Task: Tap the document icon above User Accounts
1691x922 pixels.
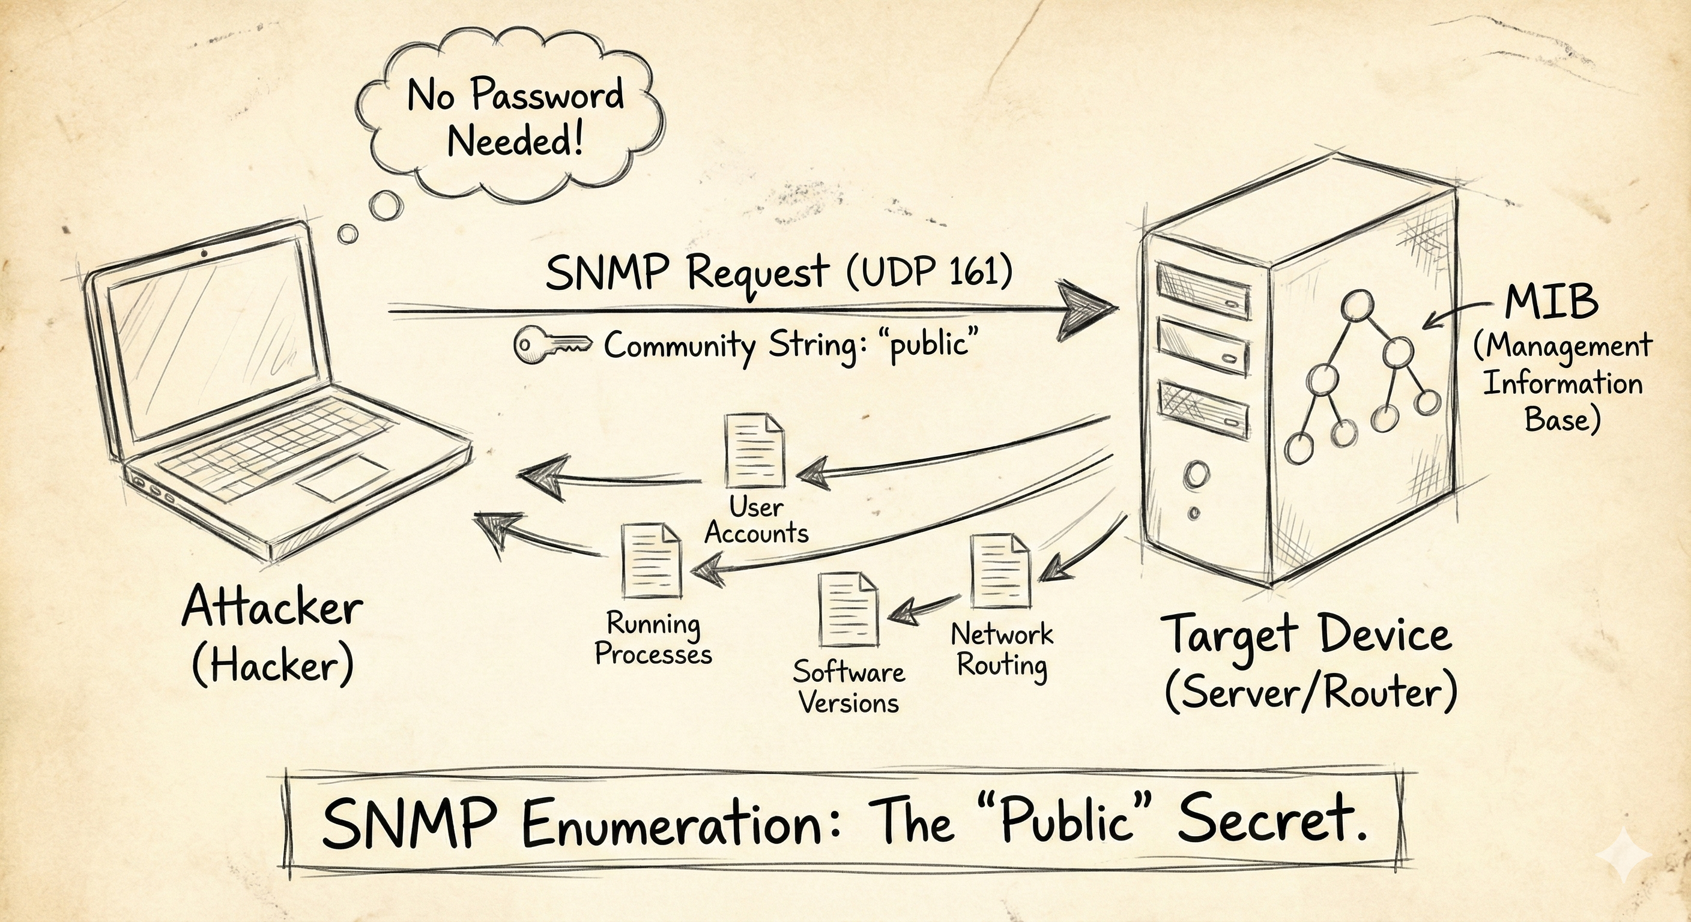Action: pyautogui.click(x=755, y=450)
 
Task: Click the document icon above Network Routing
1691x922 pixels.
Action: pyautogui.click(x=1000, y=571)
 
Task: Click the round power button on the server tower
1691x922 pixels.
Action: pyautogui.click(x=1196, y=474)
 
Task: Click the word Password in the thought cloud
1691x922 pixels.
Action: pyautogui.click(x=548, y=95)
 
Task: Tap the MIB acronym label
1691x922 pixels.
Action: pyautogui.click(x=1550, y=302)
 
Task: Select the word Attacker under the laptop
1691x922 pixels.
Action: pyautogui.click(x=273, y=607)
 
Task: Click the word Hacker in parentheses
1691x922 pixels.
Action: pyautogui.click(x=273, y=666)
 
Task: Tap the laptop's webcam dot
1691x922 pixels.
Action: pyautogui.click(x=204, y=254)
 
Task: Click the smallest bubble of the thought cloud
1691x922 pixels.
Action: pyautogui.click(x=347, y=234)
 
